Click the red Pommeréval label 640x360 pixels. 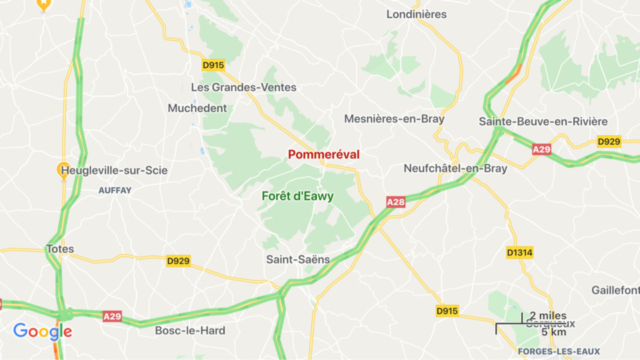323,154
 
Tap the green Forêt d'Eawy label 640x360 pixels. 297,196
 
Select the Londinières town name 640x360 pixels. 417,14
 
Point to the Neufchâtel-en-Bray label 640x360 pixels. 455,168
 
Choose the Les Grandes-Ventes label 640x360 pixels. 243,87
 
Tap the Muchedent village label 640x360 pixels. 197,108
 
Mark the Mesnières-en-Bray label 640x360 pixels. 394,119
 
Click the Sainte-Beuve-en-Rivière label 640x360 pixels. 543,121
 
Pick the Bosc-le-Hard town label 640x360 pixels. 190,330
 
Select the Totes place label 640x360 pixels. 60,249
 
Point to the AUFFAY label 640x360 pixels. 115,190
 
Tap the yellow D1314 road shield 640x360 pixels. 520,253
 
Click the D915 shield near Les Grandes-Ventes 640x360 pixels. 213,65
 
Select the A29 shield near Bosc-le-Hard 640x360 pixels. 113,316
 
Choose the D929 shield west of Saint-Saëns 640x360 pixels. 178,261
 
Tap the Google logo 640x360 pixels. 43,331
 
